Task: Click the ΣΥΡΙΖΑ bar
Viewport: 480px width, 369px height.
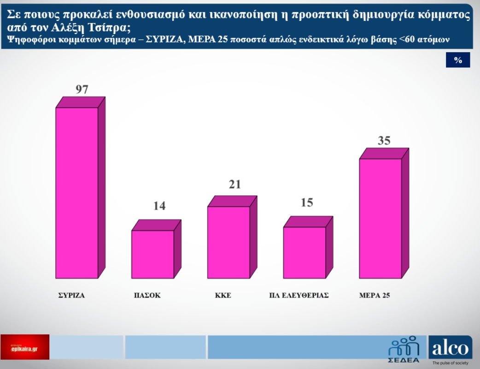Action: coord(77,193)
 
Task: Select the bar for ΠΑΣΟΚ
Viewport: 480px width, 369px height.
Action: coord(153,254)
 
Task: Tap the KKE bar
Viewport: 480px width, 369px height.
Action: coord(228,242)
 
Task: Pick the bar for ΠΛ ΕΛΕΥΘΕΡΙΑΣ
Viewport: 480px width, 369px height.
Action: coord(304,252)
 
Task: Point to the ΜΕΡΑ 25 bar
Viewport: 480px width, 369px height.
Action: coord(380,218)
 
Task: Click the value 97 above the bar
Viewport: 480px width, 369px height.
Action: coord(82,89)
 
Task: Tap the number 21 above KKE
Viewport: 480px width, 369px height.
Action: coord(234,184)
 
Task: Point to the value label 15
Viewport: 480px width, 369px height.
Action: coord(306,202)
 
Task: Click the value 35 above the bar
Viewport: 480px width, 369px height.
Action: coord(384,141)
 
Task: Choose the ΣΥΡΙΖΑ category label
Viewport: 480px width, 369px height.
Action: coord(71,296)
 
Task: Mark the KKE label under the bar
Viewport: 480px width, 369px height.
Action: coord(222,296)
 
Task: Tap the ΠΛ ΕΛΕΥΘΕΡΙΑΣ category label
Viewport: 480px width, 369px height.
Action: coord(299,296)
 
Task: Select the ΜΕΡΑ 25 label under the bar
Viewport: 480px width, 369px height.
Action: coord(375,296)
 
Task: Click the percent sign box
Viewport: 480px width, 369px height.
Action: coord(458,60)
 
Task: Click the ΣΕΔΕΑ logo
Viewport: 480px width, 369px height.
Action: coord(404,349)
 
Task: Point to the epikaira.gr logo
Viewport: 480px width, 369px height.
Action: coord(25,347)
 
